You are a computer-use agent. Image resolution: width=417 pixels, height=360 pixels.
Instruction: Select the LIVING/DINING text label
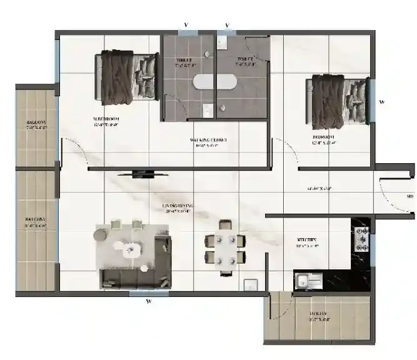coord(178,206)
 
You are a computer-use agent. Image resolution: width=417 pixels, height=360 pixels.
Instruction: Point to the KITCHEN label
coord(308,239)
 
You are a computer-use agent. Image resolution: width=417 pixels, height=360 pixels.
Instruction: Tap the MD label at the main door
coord(410,197)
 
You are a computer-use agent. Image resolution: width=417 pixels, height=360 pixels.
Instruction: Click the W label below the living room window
coord(149,302)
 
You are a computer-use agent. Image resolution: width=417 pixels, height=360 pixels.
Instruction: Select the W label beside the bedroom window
coord(382,101)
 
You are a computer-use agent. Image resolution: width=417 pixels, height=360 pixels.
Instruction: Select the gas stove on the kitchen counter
coord(362,238)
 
